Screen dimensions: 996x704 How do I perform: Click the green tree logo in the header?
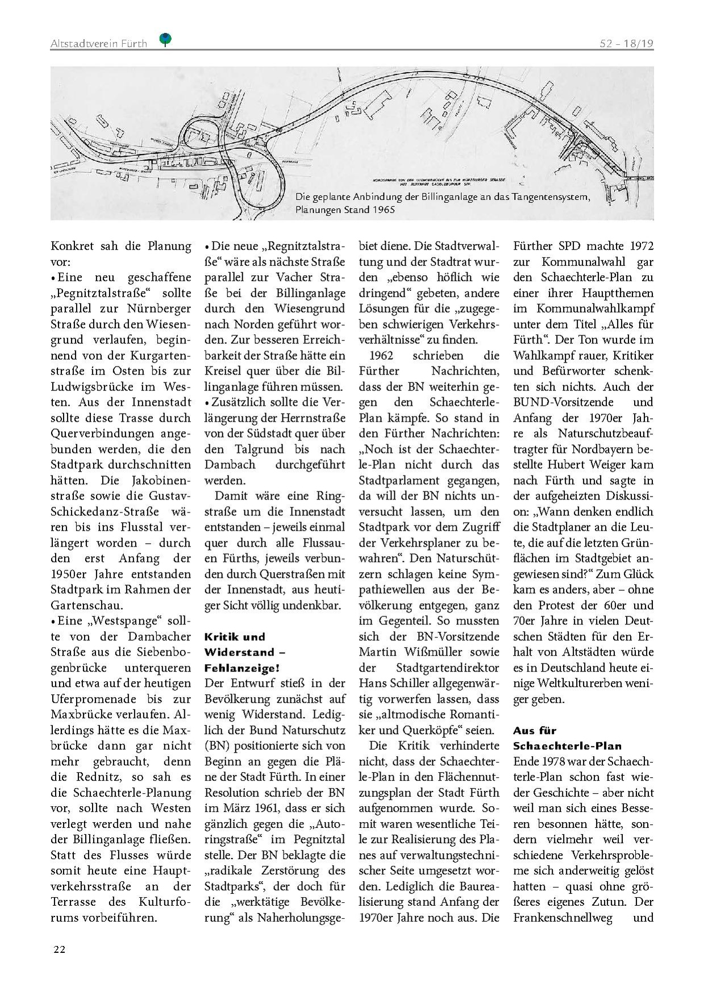[x=165, y=39]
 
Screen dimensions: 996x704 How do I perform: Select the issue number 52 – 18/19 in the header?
[x=626, y=44]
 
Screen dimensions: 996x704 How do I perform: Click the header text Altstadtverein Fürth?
[x=98, y=44]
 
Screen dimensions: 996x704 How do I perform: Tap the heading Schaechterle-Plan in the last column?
[x=567, y=746]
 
